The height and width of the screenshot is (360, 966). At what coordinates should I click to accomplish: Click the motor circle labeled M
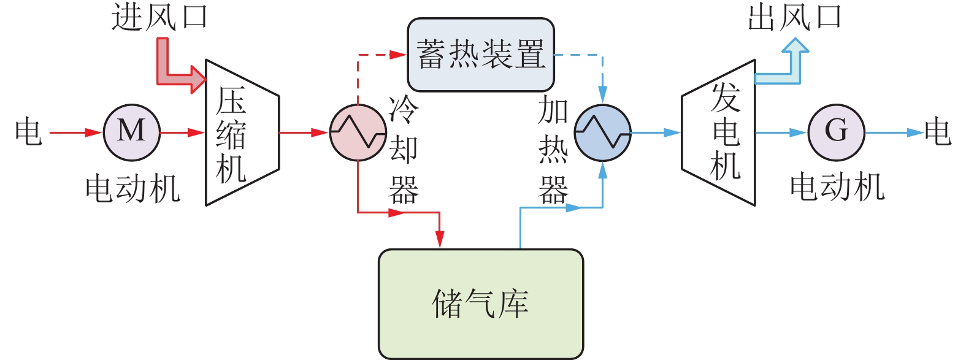pos(131,132)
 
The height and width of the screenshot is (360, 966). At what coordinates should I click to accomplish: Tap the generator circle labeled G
pos(835,132)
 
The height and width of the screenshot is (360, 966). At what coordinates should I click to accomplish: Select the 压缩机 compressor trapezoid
pos(242,132)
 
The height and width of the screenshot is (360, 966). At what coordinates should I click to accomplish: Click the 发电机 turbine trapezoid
pos(718,132)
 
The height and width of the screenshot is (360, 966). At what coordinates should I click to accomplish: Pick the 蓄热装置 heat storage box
pos(481,55)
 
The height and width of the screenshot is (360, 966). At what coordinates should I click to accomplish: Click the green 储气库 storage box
pos(480,303)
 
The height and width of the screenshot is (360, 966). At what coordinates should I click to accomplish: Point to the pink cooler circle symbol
pos(358,132)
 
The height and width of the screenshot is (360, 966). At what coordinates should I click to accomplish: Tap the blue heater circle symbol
pos(602,132)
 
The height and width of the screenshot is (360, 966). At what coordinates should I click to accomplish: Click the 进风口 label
pos(160,17)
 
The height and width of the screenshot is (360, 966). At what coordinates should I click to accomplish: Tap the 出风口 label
pos(795,17)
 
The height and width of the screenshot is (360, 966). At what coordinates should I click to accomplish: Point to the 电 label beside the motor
pos(28,132)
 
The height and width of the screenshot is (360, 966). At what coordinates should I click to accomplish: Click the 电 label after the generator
pos(938,132)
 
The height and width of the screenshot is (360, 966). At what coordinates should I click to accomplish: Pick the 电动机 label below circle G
pos(837,187)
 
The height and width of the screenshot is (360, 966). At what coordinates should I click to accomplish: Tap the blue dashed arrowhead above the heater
pos(602,94)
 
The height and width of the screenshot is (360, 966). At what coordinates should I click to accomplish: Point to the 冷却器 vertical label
pos(404,150)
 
